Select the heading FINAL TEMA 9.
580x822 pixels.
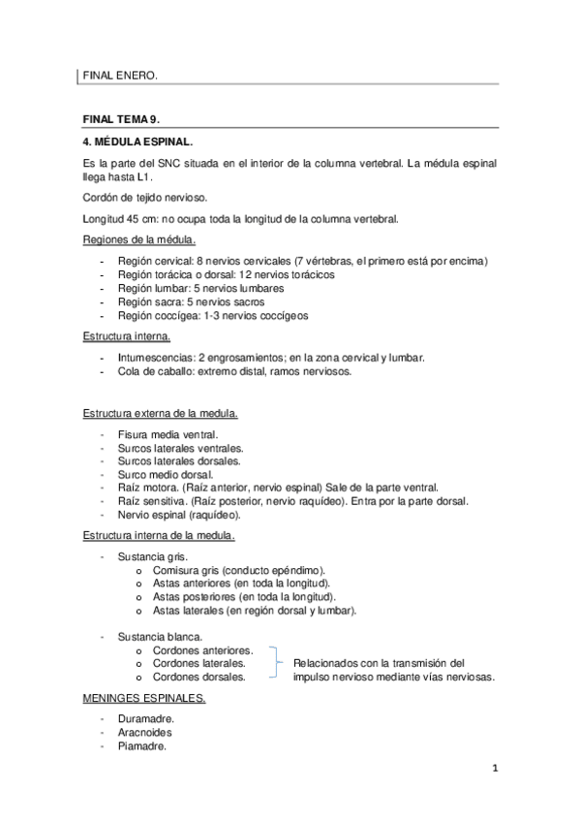coord(121,118)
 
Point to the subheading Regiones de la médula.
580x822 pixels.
coord(137,239)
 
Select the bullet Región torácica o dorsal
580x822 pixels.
coord(226,275)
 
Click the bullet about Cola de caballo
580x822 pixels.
coord(234,371)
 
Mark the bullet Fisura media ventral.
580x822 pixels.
coord(167,434)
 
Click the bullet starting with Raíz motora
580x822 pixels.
coord(286,489)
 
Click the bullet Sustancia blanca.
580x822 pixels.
coord(160,636)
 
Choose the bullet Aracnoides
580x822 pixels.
coord(145,733)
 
